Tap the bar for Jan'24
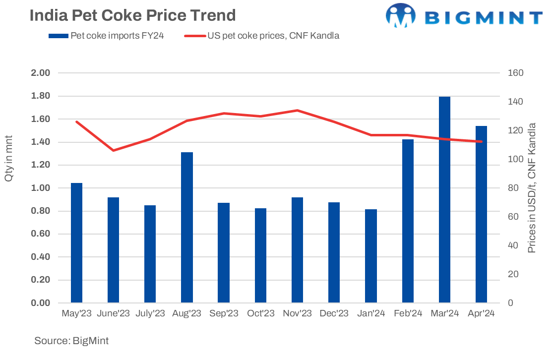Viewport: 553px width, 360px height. coord(371,256)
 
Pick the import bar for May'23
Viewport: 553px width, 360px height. coord(76,242)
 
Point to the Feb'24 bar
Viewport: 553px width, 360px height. coord(408,221)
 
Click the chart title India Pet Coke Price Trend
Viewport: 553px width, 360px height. coord(132,15)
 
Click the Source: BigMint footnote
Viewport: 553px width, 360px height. coord(71,341)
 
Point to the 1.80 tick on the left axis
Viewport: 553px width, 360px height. coord(42,96)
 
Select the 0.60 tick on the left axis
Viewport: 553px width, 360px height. coord(42,234)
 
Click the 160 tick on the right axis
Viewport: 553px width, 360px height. coord(516,73)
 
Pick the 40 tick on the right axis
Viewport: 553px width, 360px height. coord(513,245)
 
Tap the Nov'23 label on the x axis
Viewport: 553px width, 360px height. coord(297,313)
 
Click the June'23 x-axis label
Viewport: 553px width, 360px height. coord(114,313)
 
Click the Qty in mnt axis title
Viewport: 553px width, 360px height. coord(9,158)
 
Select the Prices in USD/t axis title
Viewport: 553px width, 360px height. coord(532,188)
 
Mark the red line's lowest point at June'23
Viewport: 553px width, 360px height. coord(114,150)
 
